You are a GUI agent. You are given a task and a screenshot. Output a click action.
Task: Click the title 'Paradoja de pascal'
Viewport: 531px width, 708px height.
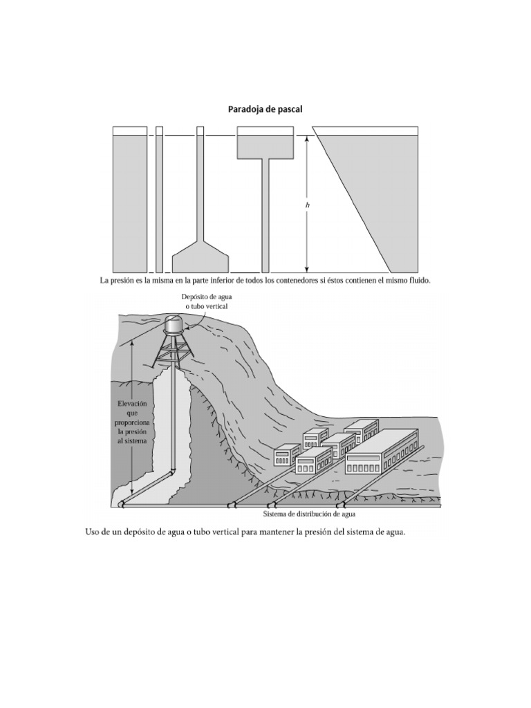(x=265, y=109)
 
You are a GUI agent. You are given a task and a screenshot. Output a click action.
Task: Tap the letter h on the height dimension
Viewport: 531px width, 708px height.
(x=307, y=205)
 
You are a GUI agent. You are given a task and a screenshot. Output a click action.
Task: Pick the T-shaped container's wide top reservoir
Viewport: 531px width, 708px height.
(x=267, y=146)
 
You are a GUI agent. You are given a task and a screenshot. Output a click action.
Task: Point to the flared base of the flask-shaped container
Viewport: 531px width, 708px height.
(x=201, y=259)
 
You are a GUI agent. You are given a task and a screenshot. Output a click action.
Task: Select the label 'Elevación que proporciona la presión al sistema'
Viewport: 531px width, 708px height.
(x=132, y=421)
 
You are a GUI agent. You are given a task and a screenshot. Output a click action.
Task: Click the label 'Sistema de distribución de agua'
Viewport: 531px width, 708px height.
(x=309, y=514)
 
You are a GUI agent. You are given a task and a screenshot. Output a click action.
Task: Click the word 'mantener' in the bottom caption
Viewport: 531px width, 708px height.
(x=265, y=532)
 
